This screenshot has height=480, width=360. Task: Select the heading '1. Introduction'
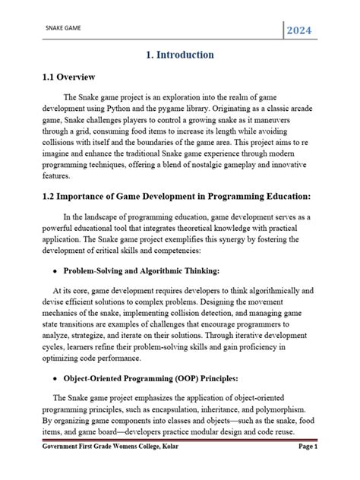click(180, 55)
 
